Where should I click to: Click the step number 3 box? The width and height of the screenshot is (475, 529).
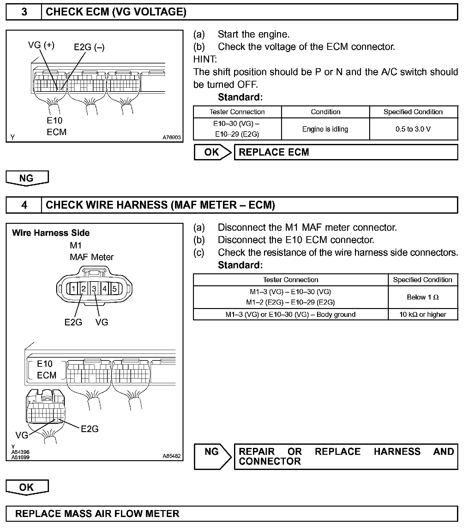point(24,12)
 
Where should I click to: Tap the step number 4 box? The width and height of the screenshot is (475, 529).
point(24,205)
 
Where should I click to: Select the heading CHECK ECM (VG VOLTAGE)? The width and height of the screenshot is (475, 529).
point(116,12)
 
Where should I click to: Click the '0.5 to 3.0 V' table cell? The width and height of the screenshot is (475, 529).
point(413,129)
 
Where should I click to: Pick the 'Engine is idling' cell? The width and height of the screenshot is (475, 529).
point(325,129)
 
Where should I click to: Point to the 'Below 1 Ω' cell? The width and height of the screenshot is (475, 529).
point(423,297)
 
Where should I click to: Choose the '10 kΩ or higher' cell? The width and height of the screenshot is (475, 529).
point(423,314)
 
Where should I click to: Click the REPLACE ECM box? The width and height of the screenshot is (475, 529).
point(346,152)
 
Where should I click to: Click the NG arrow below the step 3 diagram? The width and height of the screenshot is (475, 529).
point(27,178)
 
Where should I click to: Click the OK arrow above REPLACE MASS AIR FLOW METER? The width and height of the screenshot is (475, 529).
point(27,487)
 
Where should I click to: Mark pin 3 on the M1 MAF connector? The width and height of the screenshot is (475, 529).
point(94,288)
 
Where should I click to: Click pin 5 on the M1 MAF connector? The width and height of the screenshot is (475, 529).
point(115,288)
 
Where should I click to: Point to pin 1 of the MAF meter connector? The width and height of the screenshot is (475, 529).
point(73,288)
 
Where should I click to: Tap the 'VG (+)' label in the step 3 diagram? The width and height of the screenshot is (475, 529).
point(41,45)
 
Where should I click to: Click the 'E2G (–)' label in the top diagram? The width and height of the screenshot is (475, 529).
point(89,47)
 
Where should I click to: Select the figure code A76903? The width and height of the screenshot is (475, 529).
point(171,138)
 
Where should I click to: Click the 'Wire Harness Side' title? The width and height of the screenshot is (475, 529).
point(51,233)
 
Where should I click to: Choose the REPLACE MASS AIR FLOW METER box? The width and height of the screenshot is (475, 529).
point(231,514)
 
